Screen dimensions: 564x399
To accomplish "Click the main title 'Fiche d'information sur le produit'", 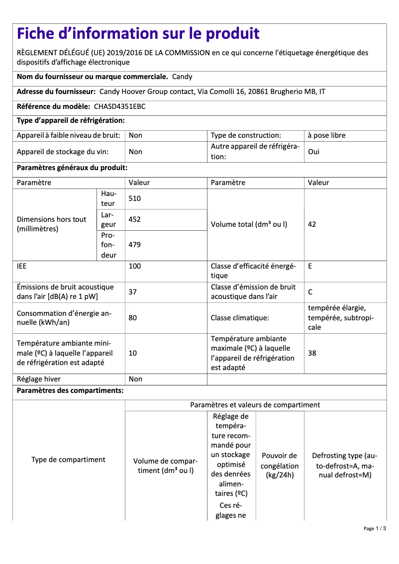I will point(138,34).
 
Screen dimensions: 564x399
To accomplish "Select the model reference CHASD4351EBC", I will point(119,106).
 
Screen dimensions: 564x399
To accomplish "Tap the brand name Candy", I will point(182,77).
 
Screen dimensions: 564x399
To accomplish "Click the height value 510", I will point(135,198).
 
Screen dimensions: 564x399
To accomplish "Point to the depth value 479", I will point(135,245).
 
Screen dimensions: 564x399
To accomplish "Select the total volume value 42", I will point(312,224).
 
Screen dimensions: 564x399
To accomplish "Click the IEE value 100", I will point(135,266).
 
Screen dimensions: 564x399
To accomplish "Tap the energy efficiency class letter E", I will point(310,266).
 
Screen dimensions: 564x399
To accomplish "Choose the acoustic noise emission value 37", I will point(133,292).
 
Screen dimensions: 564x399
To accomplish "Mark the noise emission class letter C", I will point(310,292).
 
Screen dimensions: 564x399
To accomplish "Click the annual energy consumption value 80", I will point(133,317).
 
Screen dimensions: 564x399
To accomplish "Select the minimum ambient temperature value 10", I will point(133,353).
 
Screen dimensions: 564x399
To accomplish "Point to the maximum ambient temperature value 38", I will point(312,353).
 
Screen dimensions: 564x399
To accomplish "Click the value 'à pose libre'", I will point(326,135).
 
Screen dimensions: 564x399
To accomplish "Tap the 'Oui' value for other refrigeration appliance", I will point(313,152).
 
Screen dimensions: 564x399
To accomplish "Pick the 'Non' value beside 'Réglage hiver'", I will point(135,379).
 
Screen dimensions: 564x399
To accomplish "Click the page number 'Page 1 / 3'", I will point(375,528).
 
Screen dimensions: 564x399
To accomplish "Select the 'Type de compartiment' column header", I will point(68,460).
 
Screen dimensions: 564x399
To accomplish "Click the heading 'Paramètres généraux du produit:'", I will point(72,168).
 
